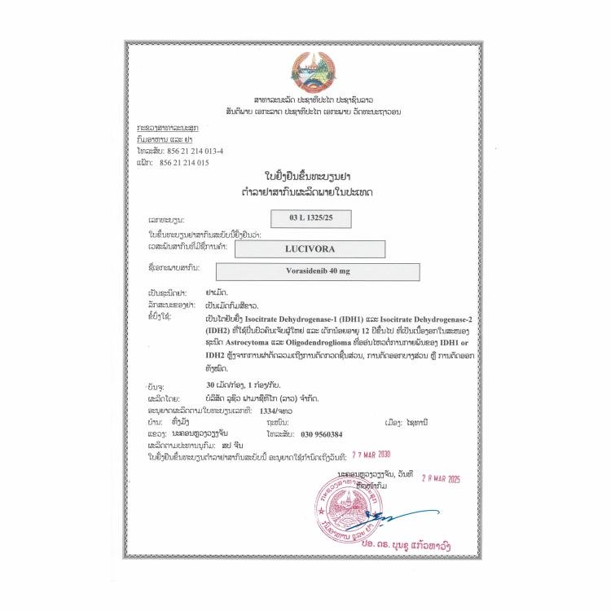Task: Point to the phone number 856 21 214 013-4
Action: click(195, 152)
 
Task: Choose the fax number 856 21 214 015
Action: click(187, 162)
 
